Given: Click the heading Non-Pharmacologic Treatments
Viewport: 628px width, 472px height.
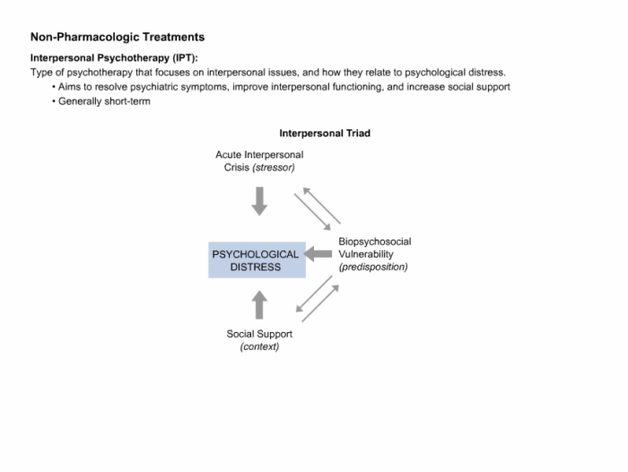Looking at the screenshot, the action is pos(118,37).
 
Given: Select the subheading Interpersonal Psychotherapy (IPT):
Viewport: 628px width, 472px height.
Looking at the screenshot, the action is pos(114,58).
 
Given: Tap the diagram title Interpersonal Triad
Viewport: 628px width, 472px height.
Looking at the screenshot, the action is pos(325,133).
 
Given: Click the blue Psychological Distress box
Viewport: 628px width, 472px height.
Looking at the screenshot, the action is pos(257,260).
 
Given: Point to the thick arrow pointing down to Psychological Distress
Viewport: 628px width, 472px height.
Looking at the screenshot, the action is pos(259,201).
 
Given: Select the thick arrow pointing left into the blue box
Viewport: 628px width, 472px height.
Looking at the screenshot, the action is pos(318,254).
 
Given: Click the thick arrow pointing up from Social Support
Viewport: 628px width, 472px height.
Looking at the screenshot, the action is pos(259,305).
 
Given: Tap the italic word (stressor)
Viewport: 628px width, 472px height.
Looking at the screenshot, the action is pos(274,168).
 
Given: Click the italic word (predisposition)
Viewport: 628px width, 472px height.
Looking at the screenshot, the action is pos(373,267).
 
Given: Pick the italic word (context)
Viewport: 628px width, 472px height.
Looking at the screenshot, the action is pos(259,346).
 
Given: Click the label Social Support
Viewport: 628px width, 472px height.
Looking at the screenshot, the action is pos(259,334).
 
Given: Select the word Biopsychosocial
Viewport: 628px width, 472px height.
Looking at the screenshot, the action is pos(375,241).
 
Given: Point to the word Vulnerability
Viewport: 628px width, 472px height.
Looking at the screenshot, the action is pos(366,254).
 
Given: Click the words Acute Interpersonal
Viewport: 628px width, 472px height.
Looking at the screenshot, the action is pos(259,154).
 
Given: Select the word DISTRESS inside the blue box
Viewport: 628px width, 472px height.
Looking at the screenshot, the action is pos(256,267).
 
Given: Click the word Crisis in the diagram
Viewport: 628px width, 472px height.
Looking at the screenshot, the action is pos(237,168).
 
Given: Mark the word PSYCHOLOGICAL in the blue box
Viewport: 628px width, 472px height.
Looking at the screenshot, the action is pos(256,255).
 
